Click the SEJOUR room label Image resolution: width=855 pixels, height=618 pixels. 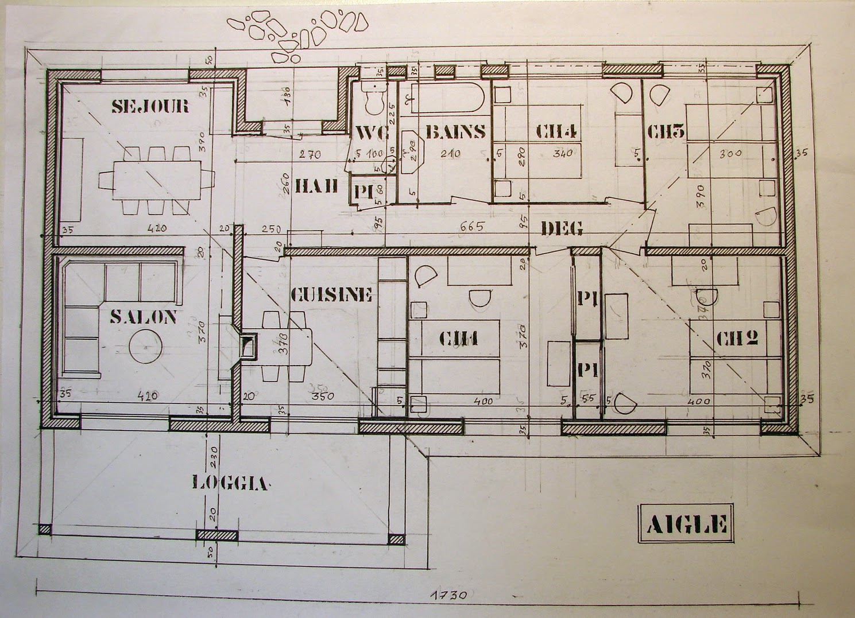click(150, 106)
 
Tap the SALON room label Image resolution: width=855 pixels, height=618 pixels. click(144, 317)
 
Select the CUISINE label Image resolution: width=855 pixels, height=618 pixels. click(332, 295)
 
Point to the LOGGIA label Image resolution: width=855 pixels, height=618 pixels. click(230, 483)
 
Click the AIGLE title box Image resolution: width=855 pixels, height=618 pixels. click(686, 523)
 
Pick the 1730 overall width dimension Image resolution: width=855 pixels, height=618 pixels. click(448, 595)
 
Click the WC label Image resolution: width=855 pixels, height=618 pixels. click(372, 133)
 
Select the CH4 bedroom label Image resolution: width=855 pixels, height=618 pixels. click(556, 131)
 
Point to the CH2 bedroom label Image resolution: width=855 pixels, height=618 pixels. click(737, 339)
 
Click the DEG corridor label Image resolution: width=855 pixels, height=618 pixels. click(562, 228)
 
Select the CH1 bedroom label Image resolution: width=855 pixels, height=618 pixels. click(459, 340)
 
